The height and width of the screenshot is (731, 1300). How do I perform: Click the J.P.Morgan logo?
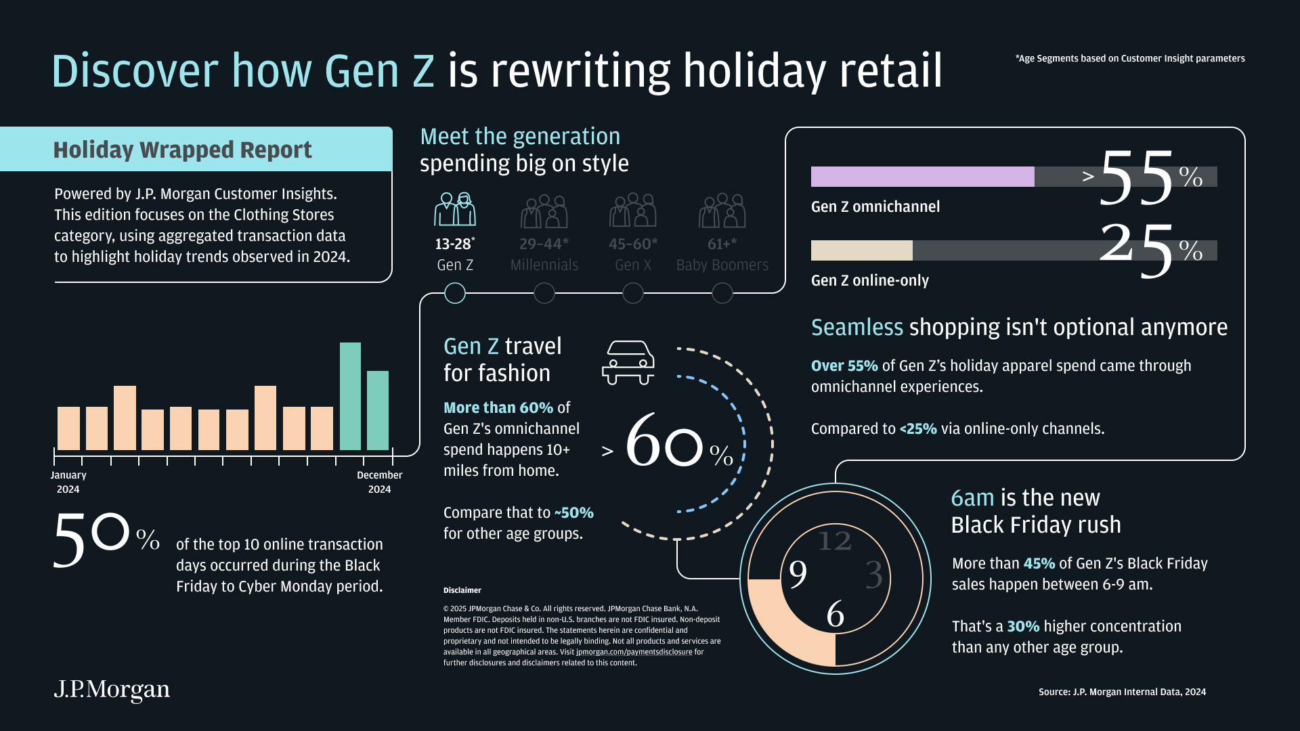click(x=112, y=689)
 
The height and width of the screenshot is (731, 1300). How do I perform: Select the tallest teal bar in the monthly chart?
click(x=350, y=397)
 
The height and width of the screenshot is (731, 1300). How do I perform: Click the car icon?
click(x=628, y=362)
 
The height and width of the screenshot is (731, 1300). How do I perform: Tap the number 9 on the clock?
click(x=798, y=574)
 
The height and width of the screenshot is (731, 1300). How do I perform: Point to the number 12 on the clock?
click(x=834, y=541)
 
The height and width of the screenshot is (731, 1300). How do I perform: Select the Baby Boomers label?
click(x=722, y=265)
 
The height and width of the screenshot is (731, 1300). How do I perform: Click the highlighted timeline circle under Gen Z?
click(x=455, y=293)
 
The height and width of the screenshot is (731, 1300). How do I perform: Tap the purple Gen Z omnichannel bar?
click(x=922, y=177)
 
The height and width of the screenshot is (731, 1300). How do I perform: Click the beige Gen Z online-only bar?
click(x=861, y=250)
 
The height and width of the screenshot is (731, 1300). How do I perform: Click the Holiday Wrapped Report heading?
click(x=183, y=150)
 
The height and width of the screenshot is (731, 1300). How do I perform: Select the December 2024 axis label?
click(x=379, y=482)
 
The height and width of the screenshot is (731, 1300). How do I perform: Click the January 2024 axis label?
click(x=68, y=482)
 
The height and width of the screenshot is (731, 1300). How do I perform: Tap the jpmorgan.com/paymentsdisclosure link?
click(x=634, y=652)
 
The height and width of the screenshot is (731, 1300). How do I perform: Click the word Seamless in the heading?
click(x=857, y=328)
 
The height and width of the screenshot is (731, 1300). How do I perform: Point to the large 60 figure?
click(x=664, y=441)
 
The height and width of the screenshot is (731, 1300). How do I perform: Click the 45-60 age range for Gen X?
click(x=632, y=244)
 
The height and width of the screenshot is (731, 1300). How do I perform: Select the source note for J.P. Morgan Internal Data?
click(x=1122, y=692)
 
